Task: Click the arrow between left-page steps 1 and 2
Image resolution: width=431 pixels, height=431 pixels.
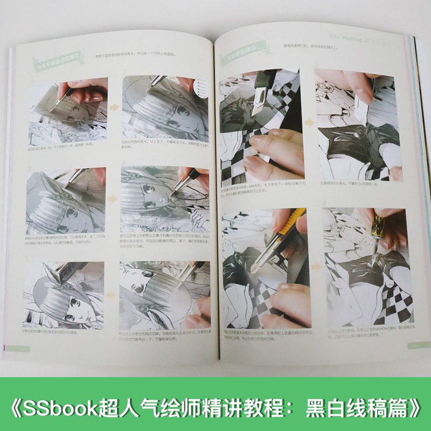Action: coord(114,107)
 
